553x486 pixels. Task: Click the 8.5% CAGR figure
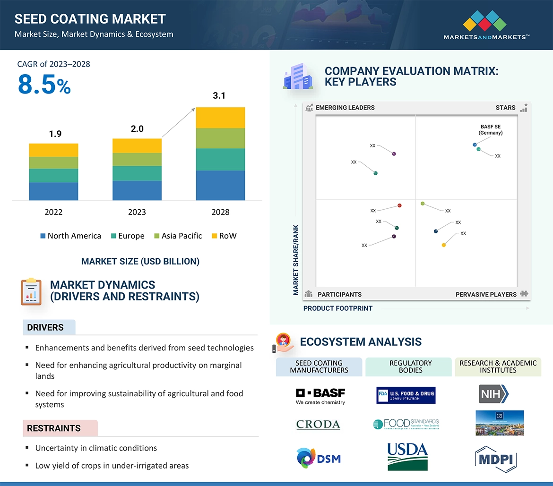click(44, 85)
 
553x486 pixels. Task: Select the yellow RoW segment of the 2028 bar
click(220, 118)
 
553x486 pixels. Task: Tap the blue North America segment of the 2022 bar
click(53, 191)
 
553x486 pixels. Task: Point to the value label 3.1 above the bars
click(219, 96)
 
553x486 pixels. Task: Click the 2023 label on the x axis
click(137, 212)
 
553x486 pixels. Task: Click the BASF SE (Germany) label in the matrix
click(490, 130)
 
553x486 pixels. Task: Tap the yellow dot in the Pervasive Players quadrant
click(443, 245)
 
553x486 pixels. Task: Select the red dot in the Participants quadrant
click(399, 205)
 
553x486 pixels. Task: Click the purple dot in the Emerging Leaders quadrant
click(394, 154)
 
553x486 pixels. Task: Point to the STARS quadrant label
click(505, 108)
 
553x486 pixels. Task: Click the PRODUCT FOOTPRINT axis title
click(337, 308)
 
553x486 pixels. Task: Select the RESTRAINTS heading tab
click(54, 428)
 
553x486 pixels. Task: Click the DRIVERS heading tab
click(45, 327)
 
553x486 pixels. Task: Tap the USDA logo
click(407, 457)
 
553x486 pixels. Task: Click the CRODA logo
click(318, 424)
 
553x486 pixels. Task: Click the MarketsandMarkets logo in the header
click(486, 26)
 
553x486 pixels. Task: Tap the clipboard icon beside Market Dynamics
click(31, 291)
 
